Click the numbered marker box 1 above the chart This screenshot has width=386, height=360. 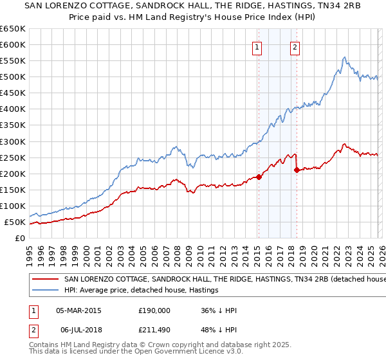(257, 46)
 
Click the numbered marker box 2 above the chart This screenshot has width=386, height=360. (295, 46)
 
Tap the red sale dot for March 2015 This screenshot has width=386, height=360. (258, 177)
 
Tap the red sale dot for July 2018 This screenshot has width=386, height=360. (296, 170)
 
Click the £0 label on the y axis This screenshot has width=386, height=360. (19, 239)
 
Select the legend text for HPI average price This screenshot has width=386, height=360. (142, 291)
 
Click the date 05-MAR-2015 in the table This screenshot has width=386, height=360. (78, 310)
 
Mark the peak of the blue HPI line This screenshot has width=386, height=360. (344, 57)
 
